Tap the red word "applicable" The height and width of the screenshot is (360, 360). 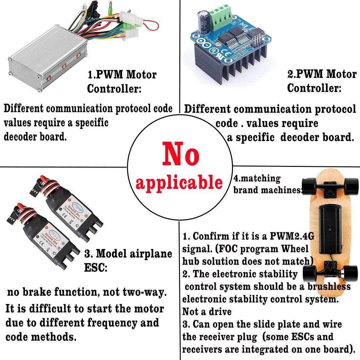[179, 182]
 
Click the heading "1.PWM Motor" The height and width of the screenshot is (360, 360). [122, 75]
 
